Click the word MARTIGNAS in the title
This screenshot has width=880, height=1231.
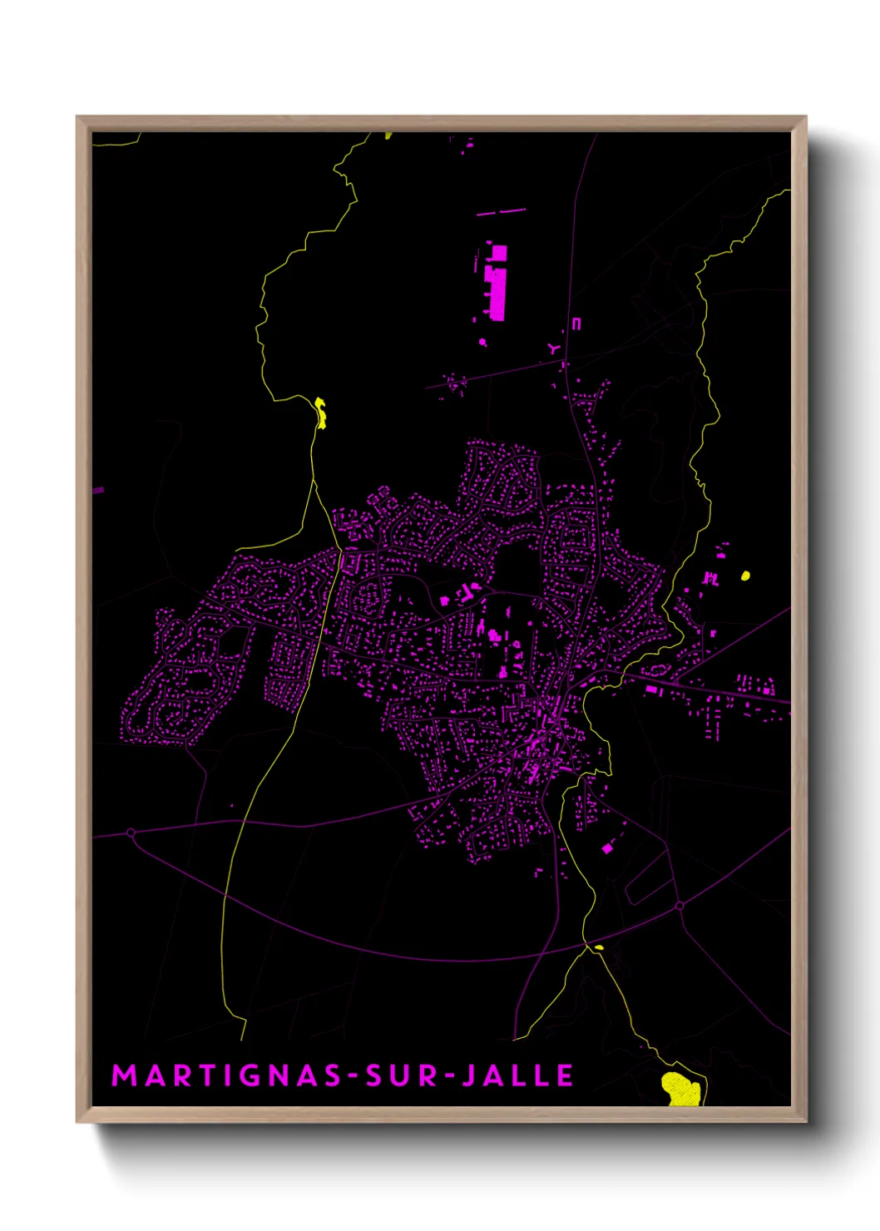tap(226, 1075)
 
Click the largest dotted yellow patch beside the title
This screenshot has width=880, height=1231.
tap(680, 1089)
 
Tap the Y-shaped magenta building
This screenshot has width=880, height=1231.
tap(554, 349)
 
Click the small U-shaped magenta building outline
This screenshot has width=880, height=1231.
tap(576, 324)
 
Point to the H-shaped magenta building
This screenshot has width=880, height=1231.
tap(711, 577)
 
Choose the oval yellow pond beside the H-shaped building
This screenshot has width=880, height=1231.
tap(745, 575)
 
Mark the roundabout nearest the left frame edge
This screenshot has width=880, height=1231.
tap(131, 832)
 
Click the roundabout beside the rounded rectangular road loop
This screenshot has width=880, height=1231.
tap(680, 905)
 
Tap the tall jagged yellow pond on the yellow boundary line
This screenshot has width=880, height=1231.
tap(320, 413)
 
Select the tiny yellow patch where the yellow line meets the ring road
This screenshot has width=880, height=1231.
tap(598, 947)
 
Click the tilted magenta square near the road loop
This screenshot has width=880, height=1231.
tap(606, 848)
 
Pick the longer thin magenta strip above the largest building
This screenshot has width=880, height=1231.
tap(502, 212)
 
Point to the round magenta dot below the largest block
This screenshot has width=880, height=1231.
tap(482, 341)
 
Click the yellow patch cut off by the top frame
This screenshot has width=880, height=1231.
tap(388, 134)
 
